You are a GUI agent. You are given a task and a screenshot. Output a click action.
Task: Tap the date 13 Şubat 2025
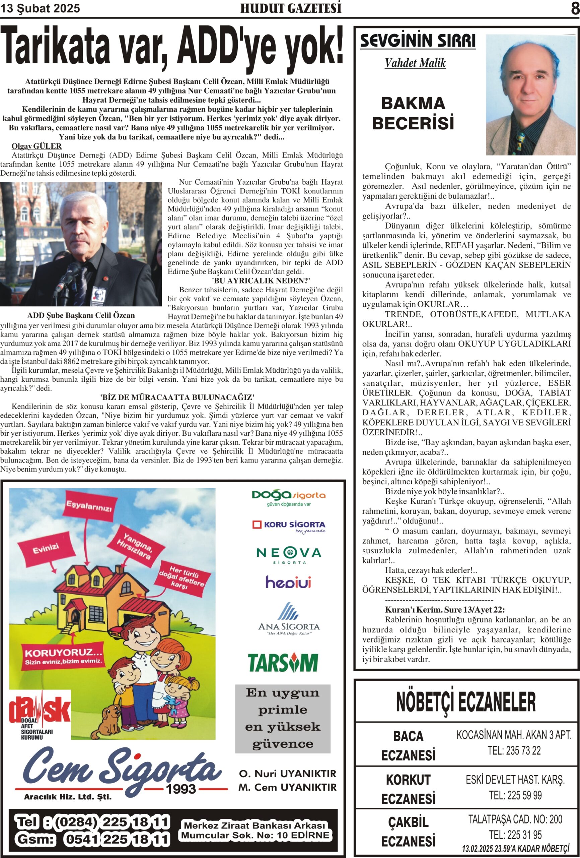(x=40, y=8)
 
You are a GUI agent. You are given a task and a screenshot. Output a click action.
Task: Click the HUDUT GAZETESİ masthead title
(x=290, y=8)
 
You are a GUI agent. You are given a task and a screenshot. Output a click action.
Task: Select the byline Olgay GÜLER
(x=37, y=146)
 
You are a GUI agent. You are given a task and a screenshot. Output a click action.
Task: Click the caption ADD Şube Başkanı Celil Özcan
(x=81, y=316)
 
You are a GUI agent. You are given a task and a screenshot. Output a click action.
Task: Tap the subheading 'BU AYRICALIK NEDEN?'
(x=261, y=281)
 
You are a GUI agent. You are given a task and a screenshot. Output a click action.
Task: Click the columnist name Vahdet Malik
(x=415, y=63)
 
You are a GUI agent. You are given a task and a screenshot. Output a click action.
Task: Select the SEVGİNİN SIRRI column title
(x=418, y=41)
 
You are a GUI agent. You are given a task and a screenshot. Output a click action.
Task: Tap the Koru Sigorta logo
(x=289, y=526)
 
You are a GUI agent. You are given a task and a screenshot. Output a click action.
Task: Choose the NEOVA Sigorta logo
(x=289, y=555)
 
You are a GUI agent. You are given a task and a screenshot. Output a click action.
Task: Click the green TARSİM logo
(x=283, y=663)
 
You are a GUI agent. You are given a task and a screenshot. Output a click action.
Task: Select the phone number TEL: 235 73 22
(x=514, y=750)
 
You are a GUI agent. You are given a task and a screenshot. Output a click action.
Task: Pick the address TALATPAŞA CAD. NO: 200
(x=515, y=819)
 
